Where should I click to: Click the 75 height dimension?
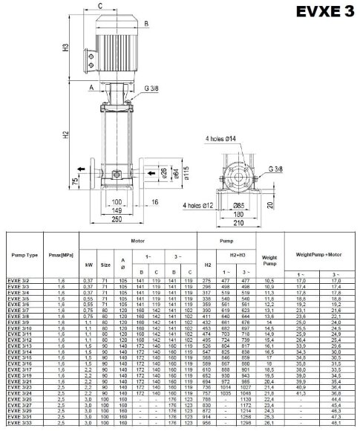tap(74, 181)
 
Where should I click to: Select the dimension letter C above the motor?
tap(99, 6)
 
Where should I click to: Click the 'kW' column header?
tap(89, 264)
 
